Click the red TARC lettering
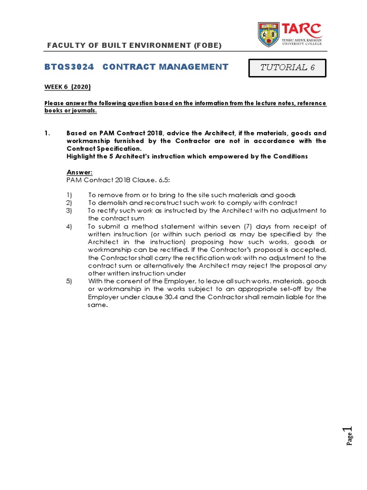(x=302, y=29)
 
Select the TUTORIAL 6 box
(x=287, y=67)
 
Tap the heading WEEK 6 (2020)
(x=67, y=87)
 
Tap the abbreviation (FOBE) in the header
(x=207, y=45)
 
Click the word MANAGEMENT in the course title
(x=196, y=67)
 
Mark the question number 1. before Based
(x=47, y=134)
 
